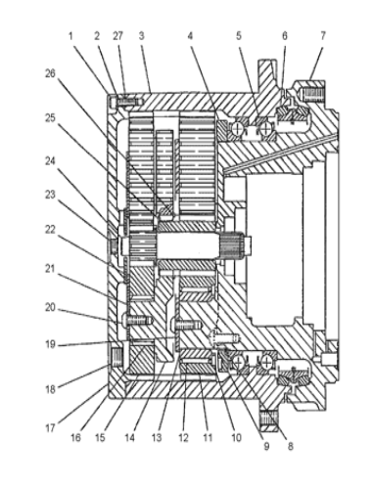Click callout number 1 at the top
(x=70, y=36)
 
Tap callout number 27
(x=117, y=36)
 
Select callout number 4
(x=190, y=36)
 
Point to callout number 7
(x=323, y=36)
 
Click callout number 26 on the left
(x=50, y=73)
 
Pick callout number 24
(x=50, y=161)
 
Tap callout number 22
(x=50, y=230)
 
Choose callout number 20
(x=50, y=307)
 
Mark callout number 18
(x=50, y=389)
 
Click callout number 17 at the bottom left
(x=50, y=428)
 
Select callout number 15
(x=100, y=437)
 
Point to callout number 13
(x=157, y=437)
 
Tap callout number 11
(x=208, y=437)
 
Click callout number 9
(x=266, y=446)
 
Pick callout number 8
(x=290, y=446)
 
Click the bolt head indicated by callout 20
(x=124, y=320)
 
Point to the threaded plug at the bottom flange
(x=269, y=421)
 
